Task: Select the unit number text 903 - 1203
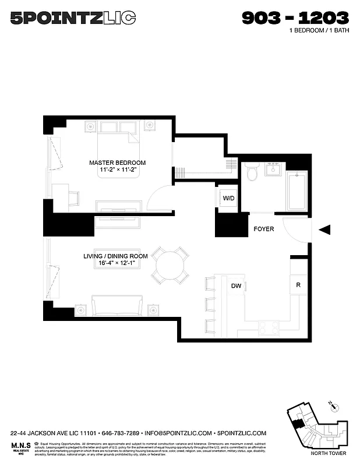(295, 18)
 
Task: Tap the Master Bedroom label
(117, 163)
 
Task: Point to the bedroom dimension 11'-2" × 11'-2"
(117, 170)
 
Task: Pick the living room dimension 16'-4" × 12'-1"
(118, 263)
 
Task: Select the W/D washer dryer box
(228, 199)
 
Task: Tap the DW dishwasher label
(237, 286)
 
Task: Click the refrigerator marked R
(298, 285)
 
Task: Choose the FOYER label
(263, 229)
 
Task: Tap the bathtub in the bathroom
(297, 190)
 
